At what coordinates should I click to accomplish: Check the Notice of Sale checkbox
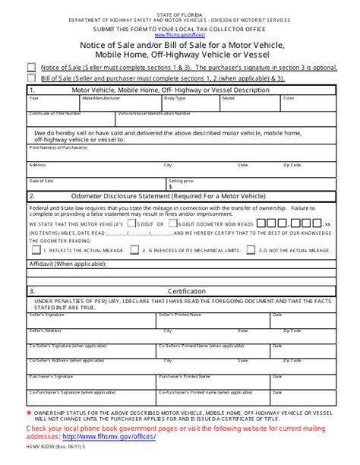tap(30, 67)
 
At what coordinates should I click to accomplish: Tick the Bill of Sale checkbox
tap(30, 77)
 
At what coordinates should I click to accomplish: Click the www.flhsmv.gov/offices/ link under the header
tap(180, 35)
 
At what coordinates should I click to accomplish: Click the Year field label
tap(33, 98)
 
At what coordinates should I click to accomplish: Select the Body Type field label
tap(175, 98)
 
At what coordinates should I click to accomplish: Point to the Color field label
tap(289, 98)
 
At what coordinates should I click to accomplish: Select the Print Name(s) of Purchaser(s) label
tap(54, 149)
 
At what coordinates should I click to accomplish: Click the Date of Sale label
tap(41, 181)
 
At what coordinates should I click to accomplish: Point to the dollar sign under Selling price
tap(170, 186)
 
